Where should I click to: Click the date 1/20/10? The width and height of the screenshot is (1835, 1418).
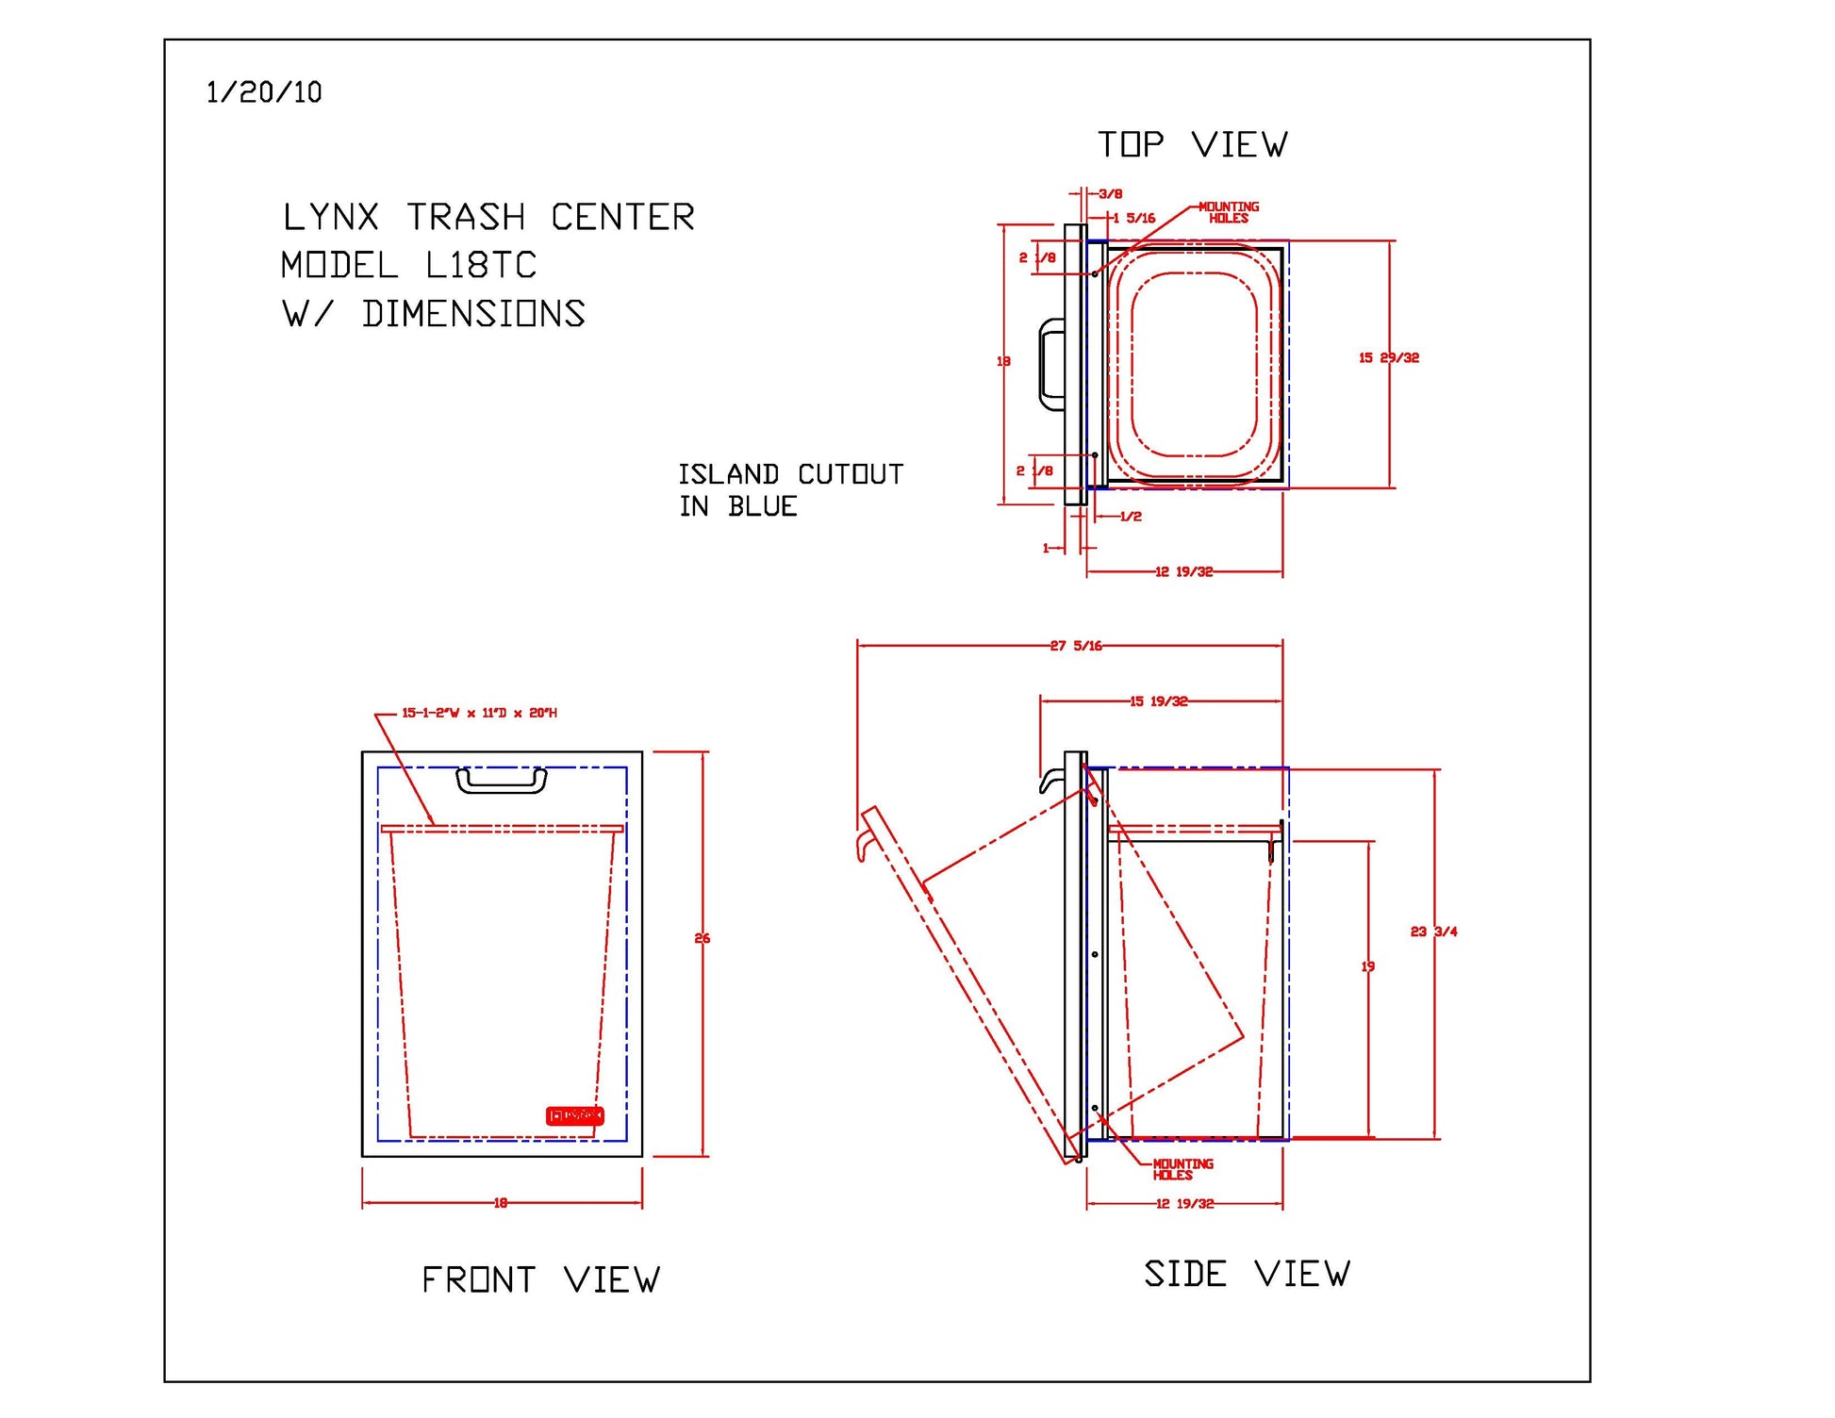(264, 92)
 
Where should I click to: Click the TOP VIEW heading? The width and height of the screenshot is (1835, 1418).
(1192, 145)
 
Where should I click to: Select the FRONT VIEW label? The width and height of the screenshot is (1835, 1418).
(540, 1279)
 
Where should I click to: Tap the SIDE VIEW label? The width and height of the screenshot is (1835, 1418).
(1247, 1274)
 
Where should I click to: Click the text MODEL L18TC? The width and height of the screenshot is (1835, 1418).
(408, 265)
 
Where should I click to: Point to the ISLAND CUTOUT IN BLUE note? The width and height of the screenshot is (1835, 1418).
(790, 489)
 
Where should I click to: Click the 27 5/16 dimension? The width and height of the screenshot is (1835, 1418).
(1076, 646)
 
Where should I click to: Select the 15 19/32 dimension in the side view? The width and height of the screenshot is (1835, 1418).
(1159, 701)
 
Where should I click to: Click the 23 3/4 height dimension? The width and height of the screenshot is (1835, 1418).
(1432, 932)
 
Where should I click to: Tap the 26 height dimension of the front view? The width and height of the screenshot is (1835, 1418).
(702, 938)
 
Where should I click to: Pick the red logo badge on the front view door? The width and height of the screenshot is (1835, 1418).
(574, 1115)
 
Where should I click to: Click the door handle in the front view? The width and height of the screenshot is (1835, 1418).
(502, 781)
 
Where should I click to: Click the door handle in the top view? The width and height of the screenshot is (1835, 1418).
(1049, 364)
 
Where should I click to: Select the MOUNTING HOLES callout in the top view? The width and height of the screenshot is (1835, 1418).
(1228, 212)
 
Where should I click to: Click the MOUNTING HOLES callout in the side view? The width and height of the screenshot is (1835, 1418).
(1182, 1169)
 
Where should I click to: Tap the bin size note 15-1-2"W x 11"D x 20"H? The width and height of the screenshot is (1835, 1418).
(479, 713)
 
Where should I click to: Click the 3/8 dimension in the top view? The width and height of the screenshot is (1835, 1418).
(1110, 194)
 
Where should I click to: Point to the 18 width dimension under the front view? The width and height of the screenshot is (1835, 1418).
(501, 1203)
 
